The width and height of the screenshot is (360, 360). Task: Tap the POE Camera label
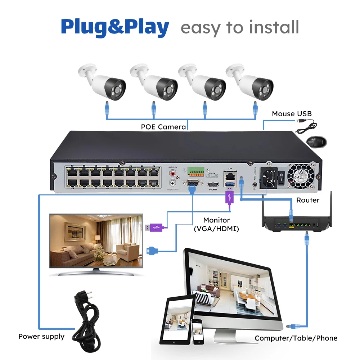(x=163, y=127)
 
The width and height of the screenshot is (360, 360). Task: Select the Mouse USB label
(x=292, y=114)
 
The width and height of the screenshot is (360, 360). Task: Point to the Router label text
(x=307, y=200)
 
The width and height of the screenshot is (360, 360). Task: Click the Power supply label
(x=41, y=337)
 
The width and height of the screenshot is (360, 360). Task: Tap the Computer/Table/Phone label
(x=296, y=338)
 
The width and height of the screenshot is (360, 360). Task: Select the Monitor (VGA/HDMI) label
(x=216, y=224)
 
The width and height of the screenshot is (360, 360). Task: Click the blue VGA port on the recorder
(x=191, y=185)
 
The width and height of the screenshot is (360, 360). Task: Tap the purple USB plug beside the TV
(x=154, y=228)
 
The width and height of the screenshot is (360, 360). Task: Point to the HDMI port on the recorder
(x=212, y=186)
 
